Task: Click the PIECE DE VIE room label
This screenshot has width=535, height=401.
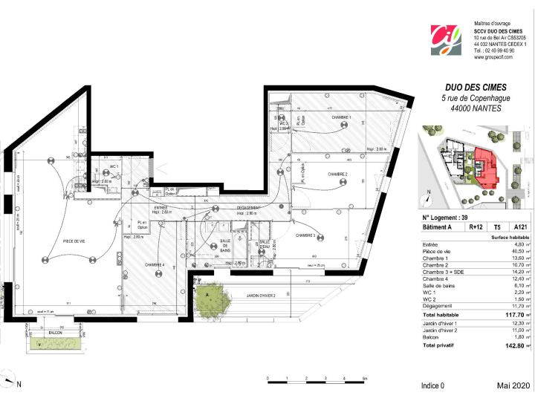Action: tap(53, 241)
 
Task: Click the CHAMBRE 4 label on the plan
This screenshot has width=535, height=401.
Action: tap(155, 265)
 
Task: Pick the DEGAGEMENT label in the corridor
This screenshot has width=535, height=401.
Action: tap(247, 208)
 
